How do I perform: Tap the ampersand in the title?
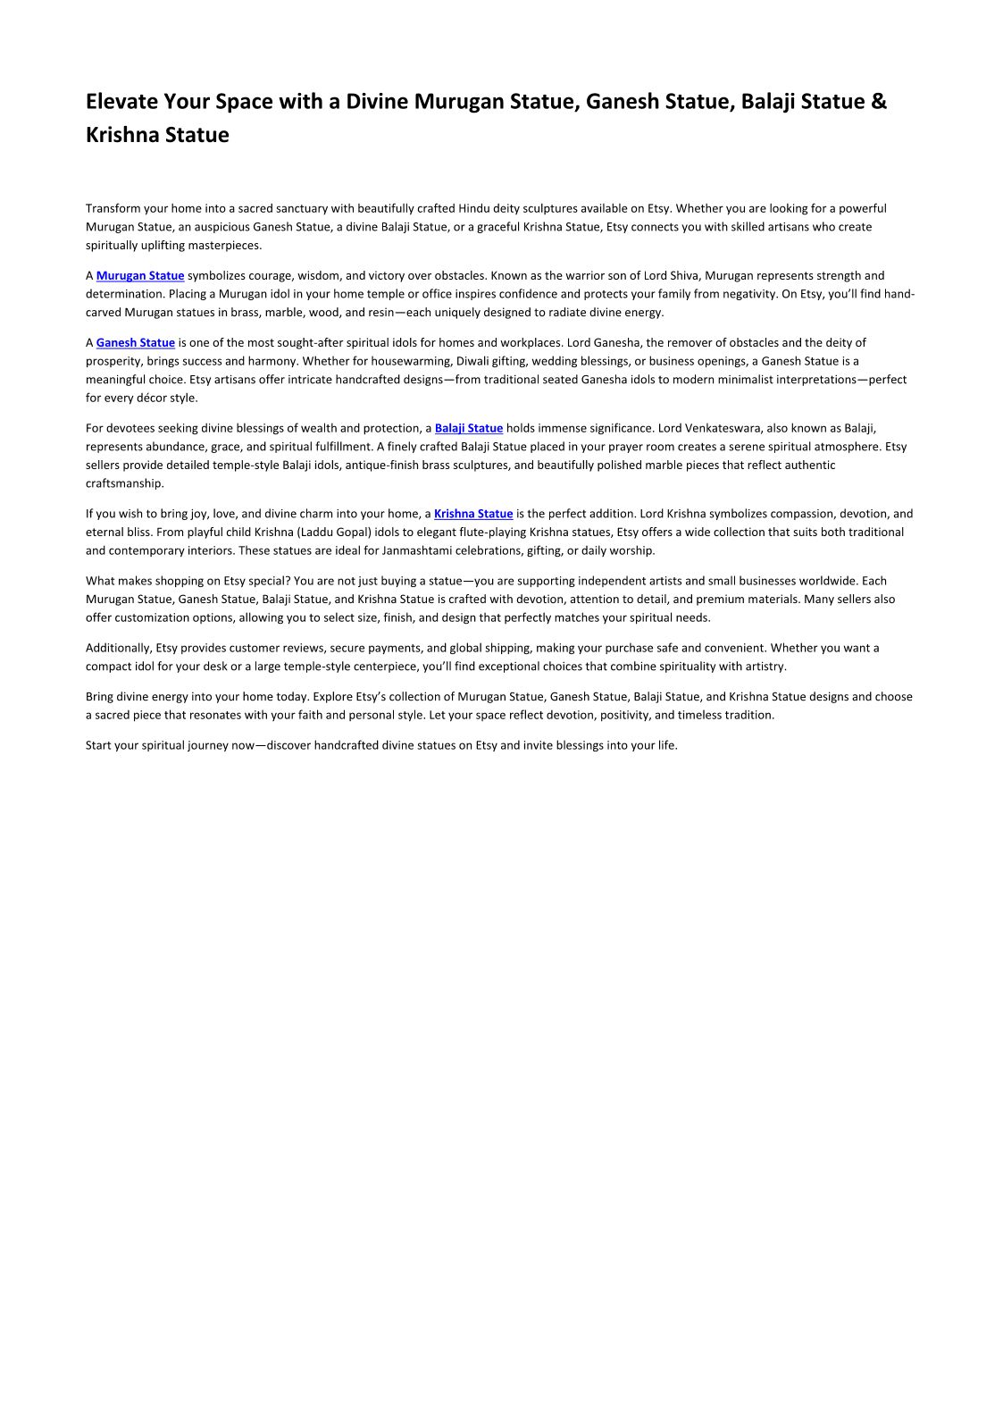[x=879, y=102]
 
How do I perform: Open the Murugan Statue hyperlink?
[x=140, y=276]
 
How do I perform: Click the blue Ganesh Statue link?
[x=136, y=343]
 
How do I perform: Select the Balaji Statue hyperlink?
[x=469, y=429]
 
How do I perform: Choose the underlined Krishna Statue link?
[x=473, y=514]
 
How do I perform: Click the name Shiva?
[x=685, y=276]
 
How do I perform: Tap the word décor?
[x=153, y=399]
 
